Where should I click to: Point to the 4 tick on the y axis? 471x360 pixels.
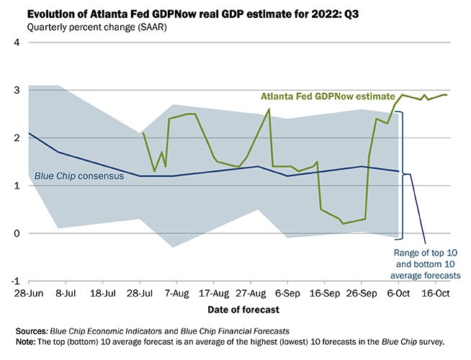click(16, 43)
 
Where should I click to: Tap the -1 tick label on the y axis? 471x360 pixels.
click(14, 282)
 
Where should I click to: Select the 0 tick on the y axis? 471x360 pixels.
click(16, 234)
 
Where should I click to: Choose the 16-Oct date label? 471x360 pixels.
click(436, 294)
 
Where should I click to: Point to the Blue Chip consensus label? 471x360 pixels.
click(84, 176)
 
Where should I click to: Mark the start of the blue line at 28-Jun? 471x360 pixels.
click(29, 133)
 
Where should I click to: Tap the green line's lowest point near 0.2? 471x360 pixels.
click(344, 223)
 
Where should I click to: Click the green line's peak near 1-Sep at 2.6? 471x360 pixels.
click(269, 109)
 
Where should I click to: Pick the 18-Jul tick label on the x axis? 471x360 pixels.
click(103, 294)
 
